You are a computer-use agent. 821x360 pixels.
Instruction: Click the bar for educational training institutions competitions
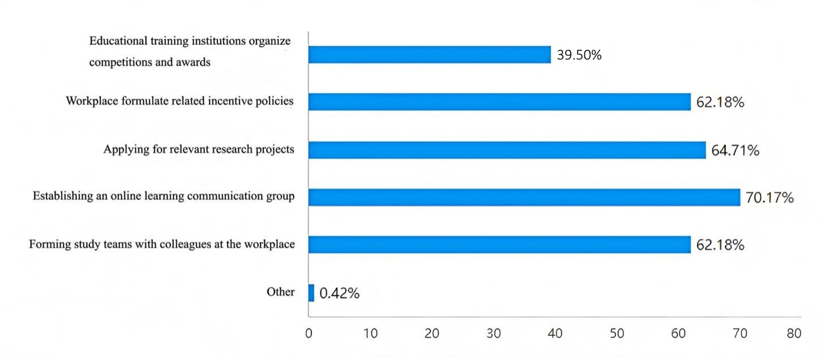tap(429, 55)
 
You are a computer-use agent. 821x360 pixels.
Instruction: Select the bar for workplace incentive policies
tap(499, 102)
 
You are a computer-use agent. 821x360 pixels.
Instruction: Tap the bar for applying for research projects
tap(507, 150)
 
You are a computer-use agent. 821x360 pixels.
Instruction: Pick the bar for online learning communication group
tap(524, 197)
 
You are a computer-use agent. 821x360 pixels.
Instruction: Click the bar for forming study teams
tap(499, 245)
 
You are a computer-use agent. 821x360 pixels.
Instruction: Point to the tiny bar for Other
tap(311, 293)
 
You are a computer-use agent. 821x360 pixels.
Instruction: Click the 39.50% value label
tap(579, 55)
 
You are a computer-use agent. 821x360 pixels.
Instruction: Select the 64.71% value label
tap(736, 151)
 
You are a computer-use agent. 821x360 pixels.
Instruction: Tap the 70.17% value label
tap(769, 198)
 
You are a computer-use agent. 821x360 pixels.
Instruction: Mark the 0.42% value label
tap(339, 293)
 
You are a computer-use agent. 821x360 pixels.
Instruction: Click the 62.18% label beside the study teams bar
tap(720, 245)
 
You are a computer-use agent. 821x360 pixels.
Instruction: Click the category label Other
tap(281, 292)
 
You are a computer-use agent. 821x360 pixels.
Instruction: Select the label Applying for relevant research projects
tap(199, 149)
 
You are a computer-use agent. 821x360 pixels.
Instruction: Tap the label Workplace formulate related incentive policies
tap(179, 101)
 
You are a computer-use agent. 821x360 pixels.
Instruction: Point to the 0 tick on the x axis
tap(309, 333)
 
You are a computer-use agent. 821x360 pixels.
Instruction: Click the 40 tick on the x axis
tap(555, 333)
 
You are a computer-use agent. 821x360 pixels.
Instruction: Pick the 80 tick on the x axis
tap(794, 333)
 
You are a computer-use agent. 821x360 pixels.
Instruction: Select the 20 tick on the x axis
tap(431, 333)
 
